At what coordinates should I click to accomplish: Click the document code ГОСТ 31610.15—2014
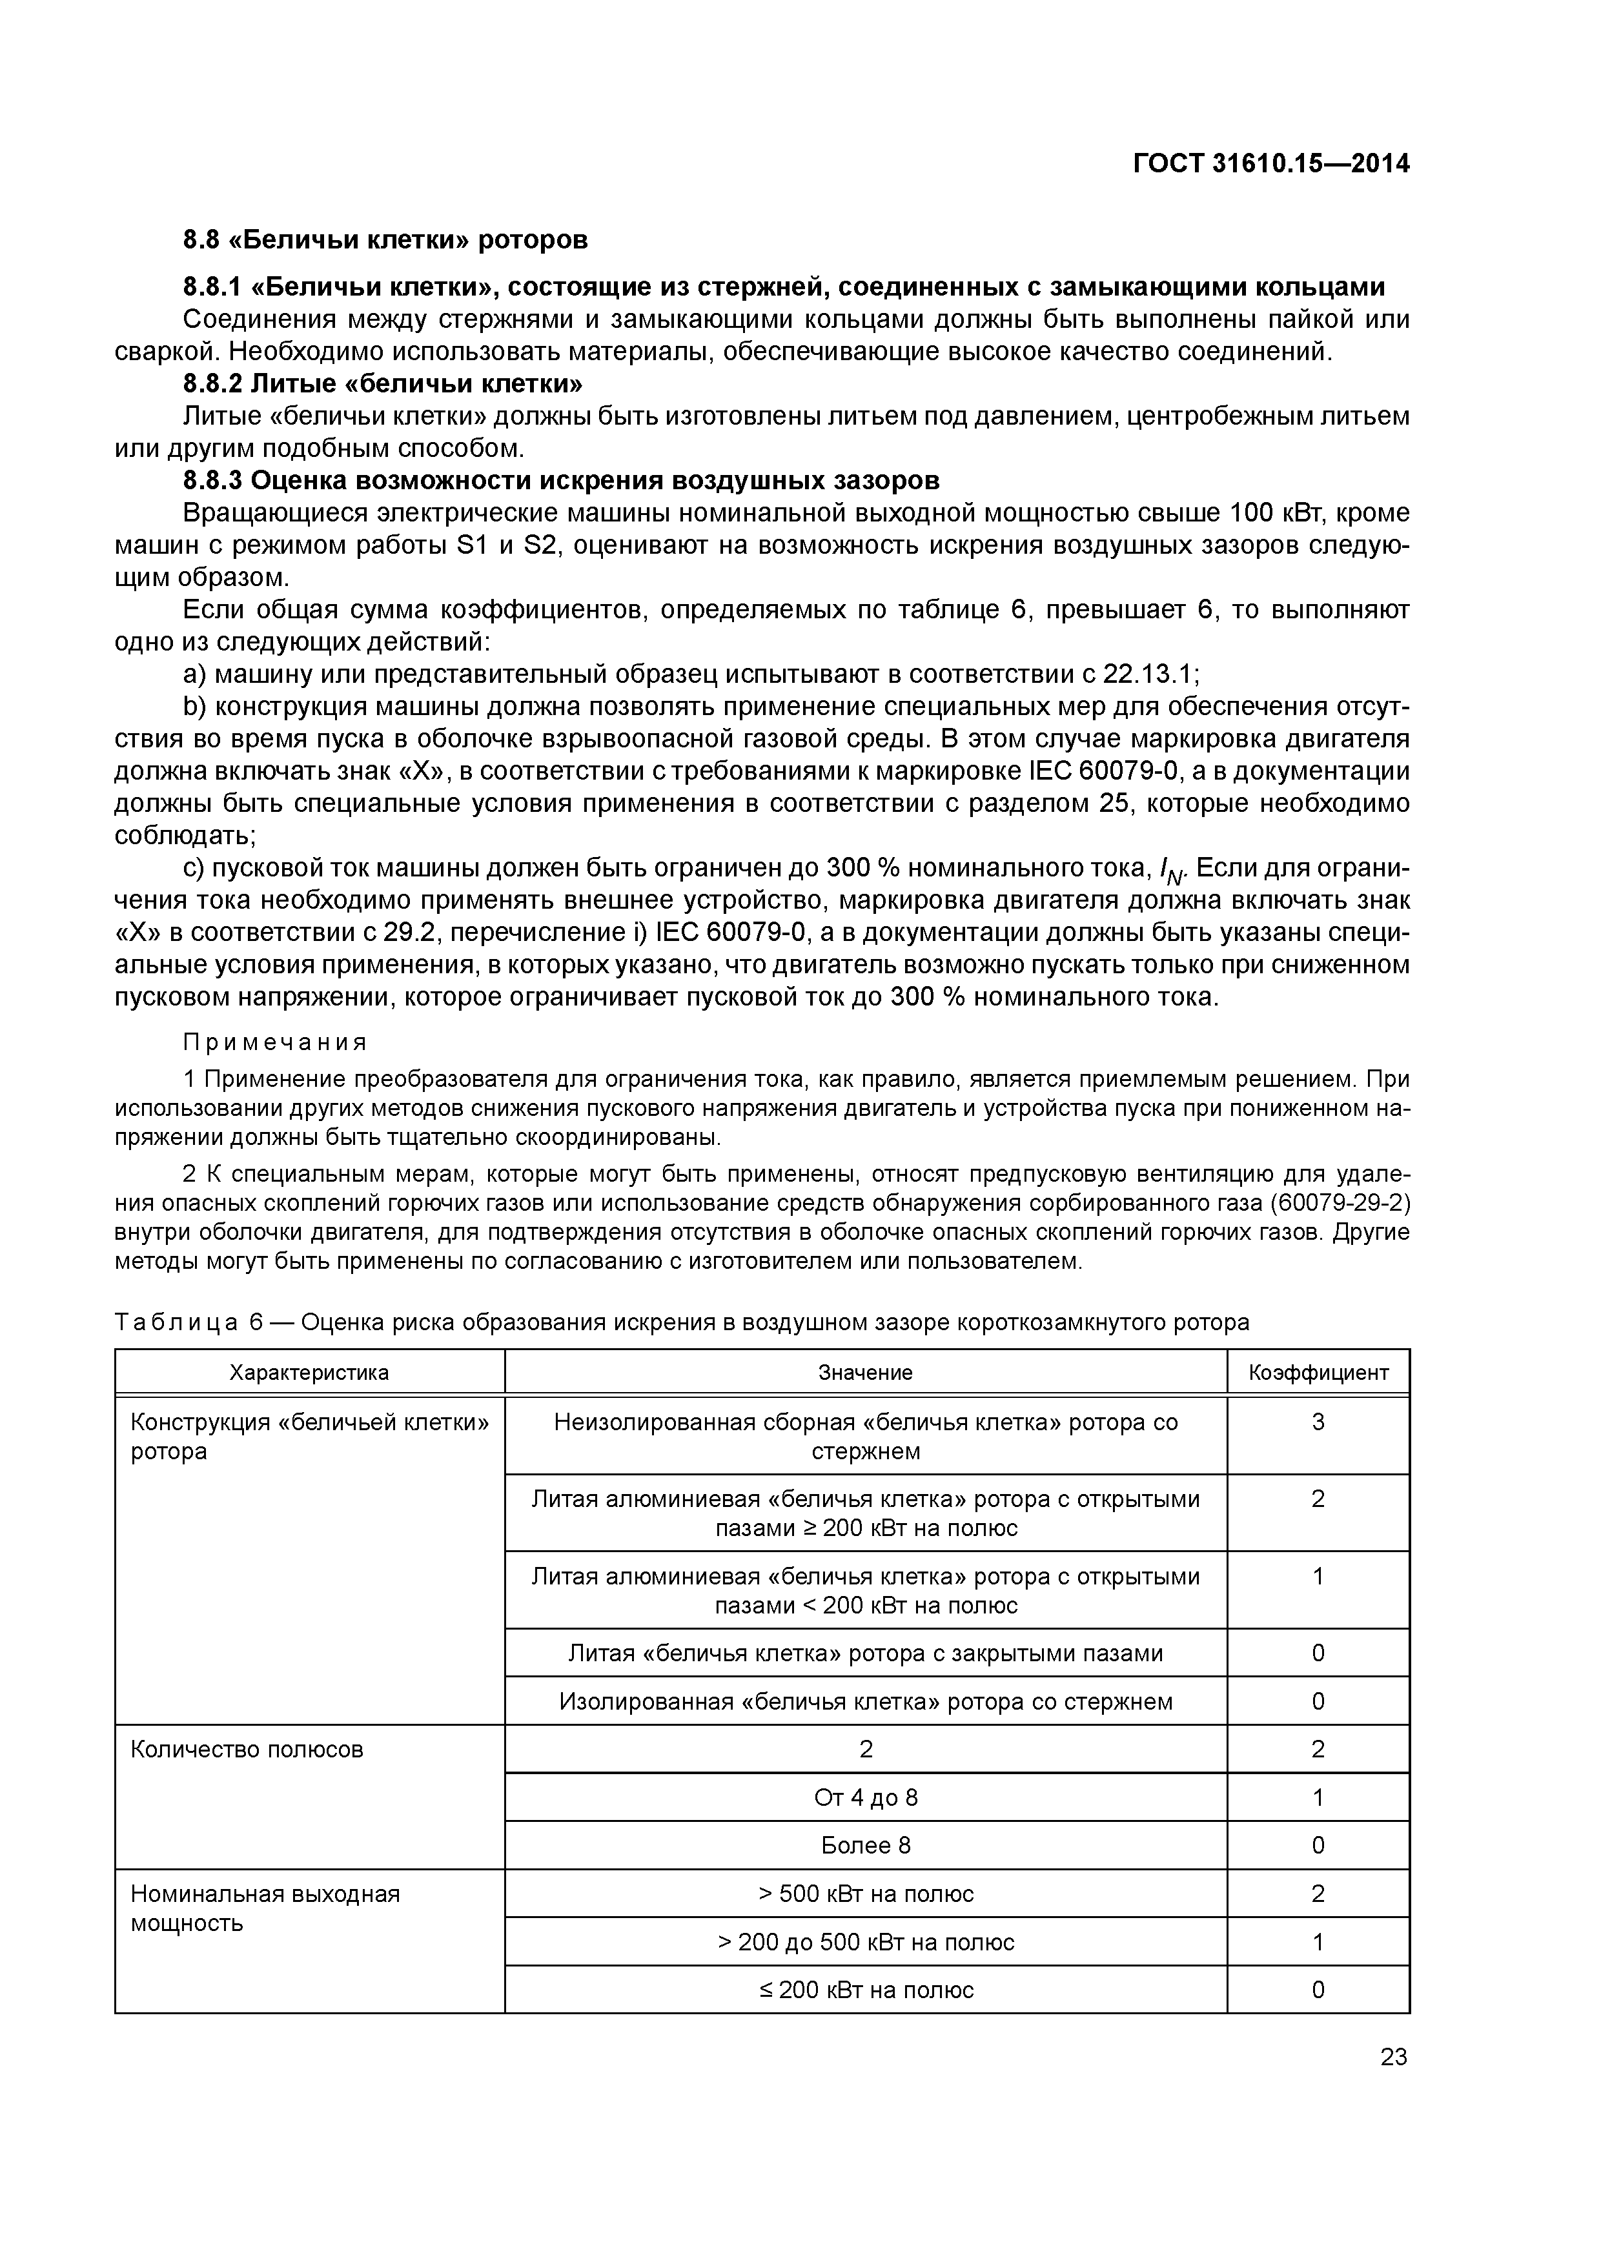[x=1270, y=164]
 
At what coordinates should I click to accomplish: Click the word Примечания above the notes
[x=275, y=1042]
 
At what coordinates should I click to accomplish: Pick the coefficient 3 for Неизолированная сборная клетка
[x=1318, y=1422]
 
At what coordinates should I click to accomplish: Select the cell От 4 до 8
[x=865, y=1797]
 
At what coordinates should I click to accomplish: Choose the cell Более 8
[x=865, y=1845]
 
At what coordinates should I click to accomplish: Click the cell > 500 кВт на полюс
[x=865, y=1894]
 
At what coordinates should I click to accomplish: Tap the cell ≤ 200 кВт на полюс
[x=865, y=1990]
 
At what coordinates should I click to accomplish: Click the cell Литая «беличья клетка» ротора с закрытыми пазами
[x=865, y=1653]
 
